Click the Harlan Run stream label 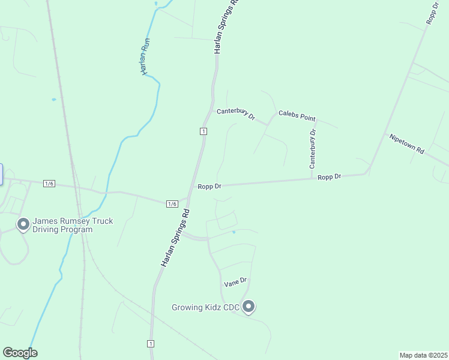145,56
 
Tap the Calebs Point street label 297,116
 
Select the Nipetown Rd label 406,144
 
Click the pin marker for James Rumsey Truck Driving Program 23,224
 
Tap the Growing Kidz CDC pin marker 249,307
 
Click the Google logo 20,353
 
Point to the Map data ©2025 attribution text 423,355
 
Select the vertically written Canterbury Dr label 312,149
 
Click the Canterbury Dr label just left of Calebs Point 236,113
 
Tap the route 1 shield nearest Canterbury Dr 204,131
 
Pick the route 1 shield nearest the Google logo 150,344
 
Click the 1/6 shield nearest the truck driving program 49,184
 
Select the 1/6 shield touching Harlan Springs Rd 172,204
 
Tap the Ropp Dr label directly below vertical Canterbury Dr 329,177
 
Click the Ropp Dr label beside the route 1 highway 209,187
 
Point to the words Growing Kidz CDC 205,308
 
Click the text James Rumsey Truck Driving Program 73,226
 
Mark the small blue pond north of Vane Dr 234,232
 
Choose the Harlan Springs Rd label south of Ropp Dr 175,238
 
